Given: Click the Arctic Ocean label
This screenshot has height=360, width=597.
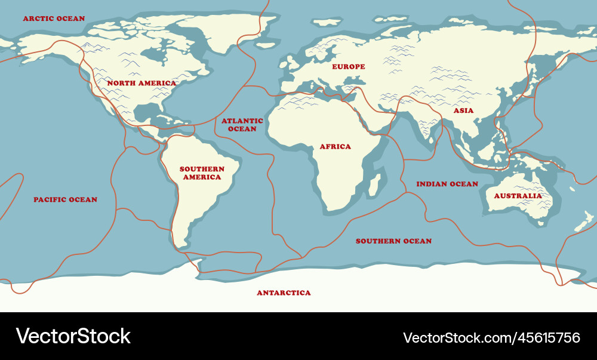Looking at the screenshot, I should click(x=54, y=19).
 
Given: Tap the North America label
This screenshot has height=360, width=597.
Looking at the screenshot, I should click(x=141, y=83).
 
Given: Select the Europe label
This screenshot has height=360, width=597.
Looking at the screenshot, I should click(x=348, y=66).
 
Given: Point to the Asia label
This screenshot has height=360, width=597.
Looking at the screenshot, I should click(x=463, y=110).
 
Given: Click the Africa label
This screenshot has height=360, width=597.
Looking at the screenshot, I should click(x=335, y=146).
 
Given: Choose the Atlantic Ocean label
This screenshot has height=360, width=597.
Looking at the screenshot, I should click(x=242, y=125).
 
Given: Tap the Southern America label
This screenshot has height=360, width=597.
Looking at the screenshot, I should click(x=202, y=173).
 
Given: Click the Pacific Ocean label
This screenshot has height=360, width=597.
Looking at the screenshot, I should click(x=65, y=199).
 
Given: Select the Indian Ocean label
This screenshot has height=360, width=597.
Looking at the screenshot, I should click(x=447, y=184).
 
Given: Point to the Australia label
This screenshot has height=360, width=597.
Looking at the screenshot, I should click(x=518, y=196).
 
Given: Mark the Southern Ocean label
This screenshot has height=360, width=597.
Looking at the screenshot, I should click(x=393, y=241).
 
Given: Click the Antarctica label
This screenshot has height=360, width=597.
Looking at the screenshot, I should click(x=284, y=293).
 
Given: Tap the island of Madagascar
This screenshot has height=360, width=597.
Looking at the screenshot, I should click(x=376, y=184).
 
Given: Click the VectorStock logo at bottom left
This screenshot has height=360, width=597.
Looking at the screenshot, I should click(x=73, y=336).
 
